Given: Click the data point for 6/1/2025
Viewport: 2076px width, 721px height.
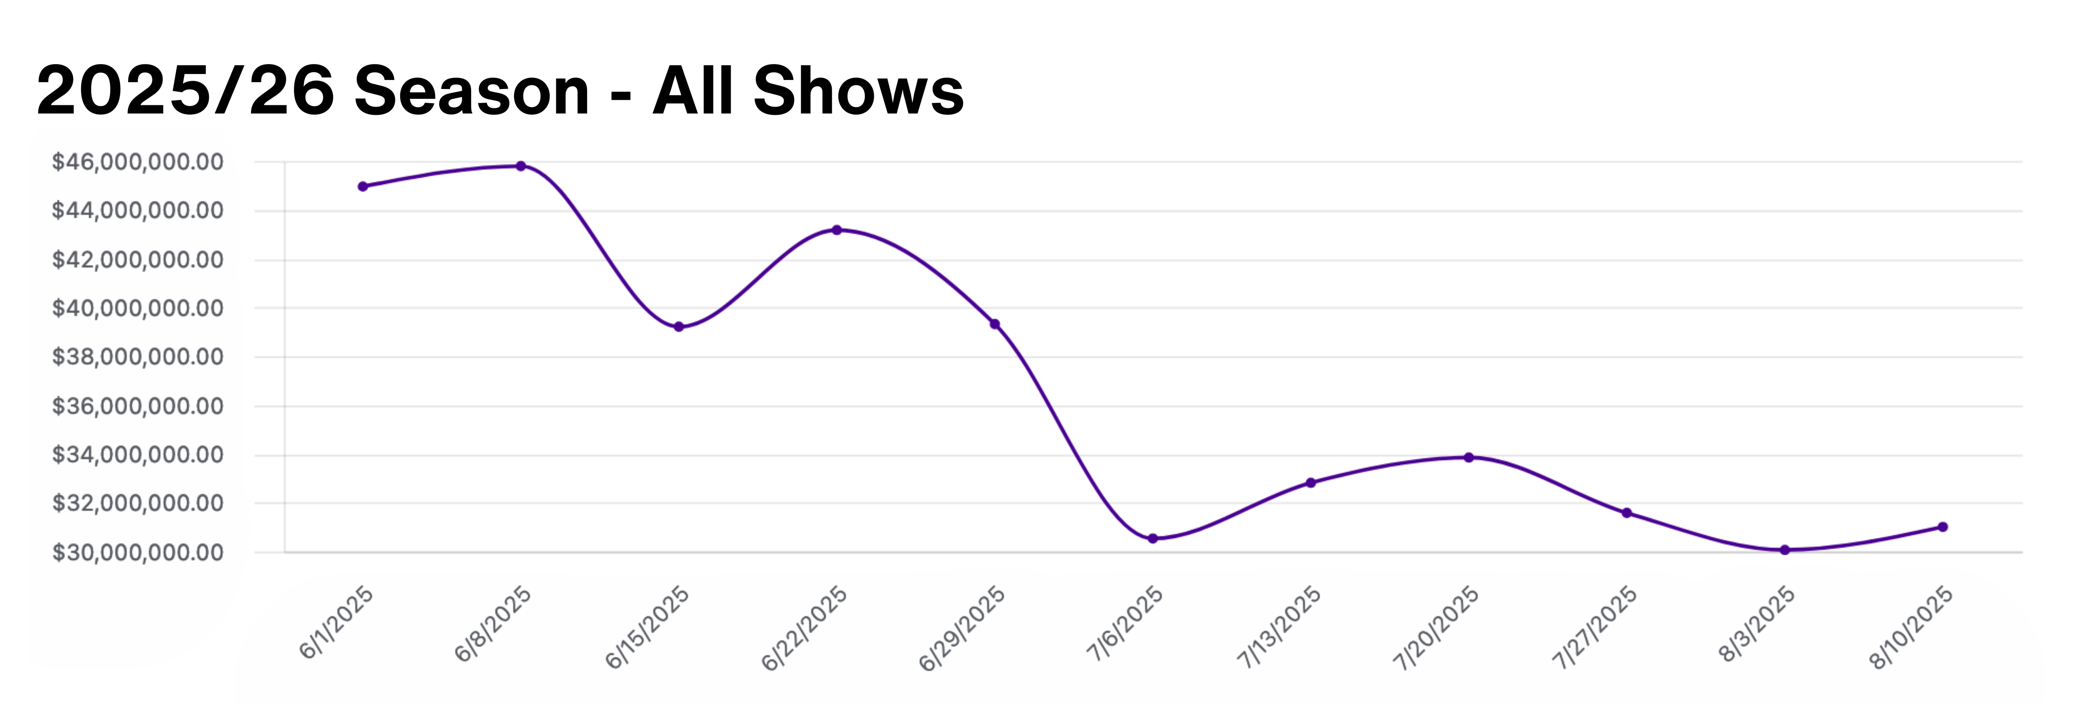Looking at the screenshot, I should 363,186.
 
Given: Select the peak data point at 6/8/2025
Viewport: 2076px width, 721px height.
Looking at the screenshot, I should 521,166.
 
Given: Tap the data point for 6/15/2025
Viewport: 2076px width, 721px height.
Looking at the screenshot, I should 679,327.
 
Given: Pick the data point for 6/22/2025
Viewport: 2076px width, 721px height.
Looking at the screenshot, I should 836,230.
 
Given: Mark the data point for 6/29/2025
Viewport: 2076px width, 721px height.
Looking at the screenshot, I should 995,324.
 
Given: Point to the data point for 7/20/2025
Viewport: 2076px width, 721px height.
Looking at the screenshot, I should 1468,457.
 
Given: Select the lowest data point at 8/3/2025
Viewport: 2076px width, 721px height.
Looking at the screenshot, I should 1784,550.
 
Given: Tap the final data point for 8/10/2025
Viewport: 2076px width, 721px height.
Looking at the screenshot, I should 1942,527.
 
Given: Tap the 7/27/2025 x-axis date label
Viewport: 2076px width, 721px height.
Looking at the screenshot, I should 1595,627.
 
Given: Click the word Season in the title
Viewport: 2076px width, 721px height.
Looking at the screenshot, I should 472,90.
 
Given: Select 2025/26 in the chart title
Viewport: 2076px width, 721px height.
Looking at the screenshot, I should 185,90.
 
